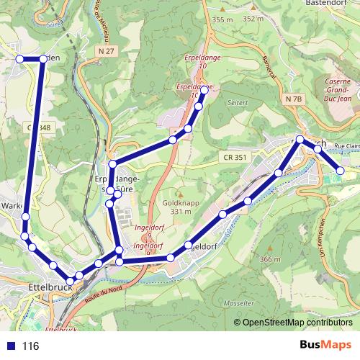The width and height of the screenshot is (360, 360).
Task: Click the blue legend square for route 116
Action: [10, 346]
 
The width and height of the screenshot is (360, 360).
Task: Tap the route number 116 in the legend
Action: [30, 346]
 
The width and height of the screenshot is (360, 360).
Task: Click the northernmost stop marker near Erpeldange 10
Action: [204, 90]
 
